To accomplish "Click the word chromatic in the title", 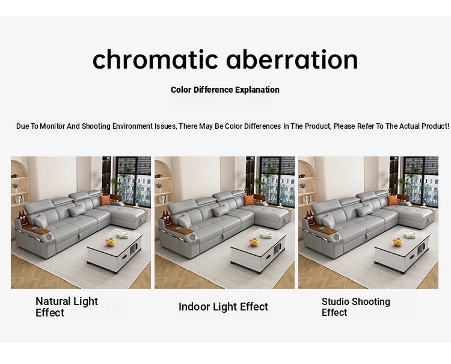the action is coord(155,59).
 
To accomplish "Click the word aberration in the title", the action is coord(292,59).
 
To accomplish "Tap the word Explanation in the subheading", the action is coord(257,90).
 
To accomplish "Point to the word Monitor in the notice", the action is coord(52,126).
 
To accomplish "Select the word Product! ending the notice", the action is coord(435,126).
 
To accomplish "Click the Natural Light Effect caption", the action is coord(67,307).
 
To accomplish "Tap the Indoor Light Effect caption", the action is coord(223,307).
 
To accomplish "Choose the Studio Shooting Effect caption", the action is coord(356,307).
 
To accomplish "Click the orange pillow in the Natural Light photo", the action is coord(105,200).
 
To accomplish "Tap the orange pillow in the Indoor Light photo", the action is coord(249,200).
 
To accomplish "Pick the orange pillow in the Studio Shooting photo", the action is coord(393,200).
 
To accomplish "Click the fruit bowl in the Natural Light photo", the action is coord(110,242).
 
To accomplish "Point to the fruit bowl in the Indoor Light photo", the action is coord(254,242).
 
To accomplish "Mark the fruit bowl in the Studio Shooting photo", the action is coord(397,242).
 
